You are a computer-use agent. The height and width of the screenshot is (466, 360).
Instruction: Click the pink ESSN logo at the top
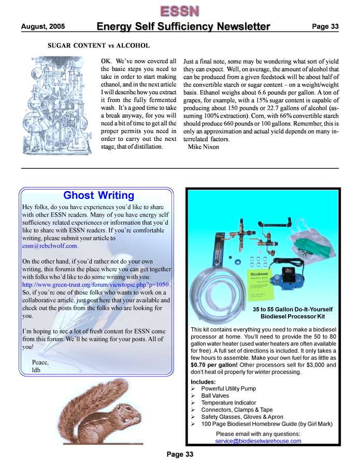180,11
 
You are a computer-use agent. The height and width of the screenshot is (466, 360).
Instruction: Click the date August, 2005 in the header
43,26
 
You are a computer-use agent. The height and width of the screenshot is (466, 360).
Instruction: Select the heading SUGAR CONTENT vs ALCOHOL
98,46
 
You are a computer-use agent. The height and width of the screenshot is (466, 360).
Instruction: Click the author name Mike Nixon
203,147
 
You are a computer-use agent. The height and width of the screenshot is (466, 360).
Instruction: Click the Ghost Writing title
98,195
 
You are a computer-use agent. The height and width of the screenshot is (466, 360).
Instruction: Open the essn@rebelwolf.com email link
50,246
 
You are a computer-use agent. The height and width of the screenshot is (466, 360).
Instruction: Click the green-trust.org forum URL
96,285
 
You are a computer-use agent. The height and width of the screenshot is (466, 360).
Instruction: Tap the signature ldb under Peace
36,370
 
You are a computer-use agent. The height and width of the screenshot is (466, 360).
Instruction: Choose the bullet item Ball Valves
216,396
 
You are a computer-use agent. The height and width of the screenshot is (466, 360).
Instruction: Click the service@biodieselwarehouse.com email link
258,441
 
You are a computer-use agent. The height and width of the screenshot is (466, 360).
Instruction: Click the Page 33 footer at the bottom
180,455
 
